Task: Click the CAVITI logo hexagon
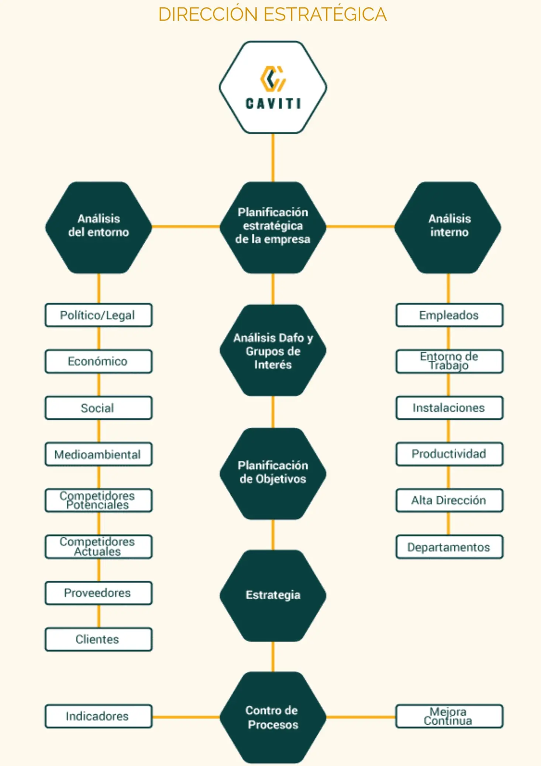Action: coord(273,87)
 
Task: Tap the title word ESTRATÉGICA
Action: coord(325,15)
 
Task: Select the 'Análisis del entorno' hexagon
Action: coord(99,227)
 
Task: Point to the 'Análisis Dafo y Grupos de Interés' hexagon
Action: coord(273,351)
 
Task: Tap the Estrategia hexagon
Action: coord(273,595)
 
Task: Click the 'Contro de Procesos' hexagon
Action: coord(273,717)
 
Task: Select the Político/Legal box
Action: coord(98,315)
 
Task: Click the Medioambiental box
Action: coord(98,454)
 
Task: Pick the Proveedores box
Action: coord(98,593)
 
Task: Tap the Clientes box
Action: coord(98,639)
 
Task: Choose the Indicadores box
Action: coord(98,716)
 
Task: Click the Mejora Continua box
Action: coord(449,716)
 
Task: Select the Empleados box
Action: coord(449,315)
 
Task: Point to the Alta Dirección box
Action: coord(449,500)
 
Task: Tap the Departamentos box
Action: coord(449,547)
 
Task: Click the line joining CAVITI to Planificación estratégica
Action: coord(273,158)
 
